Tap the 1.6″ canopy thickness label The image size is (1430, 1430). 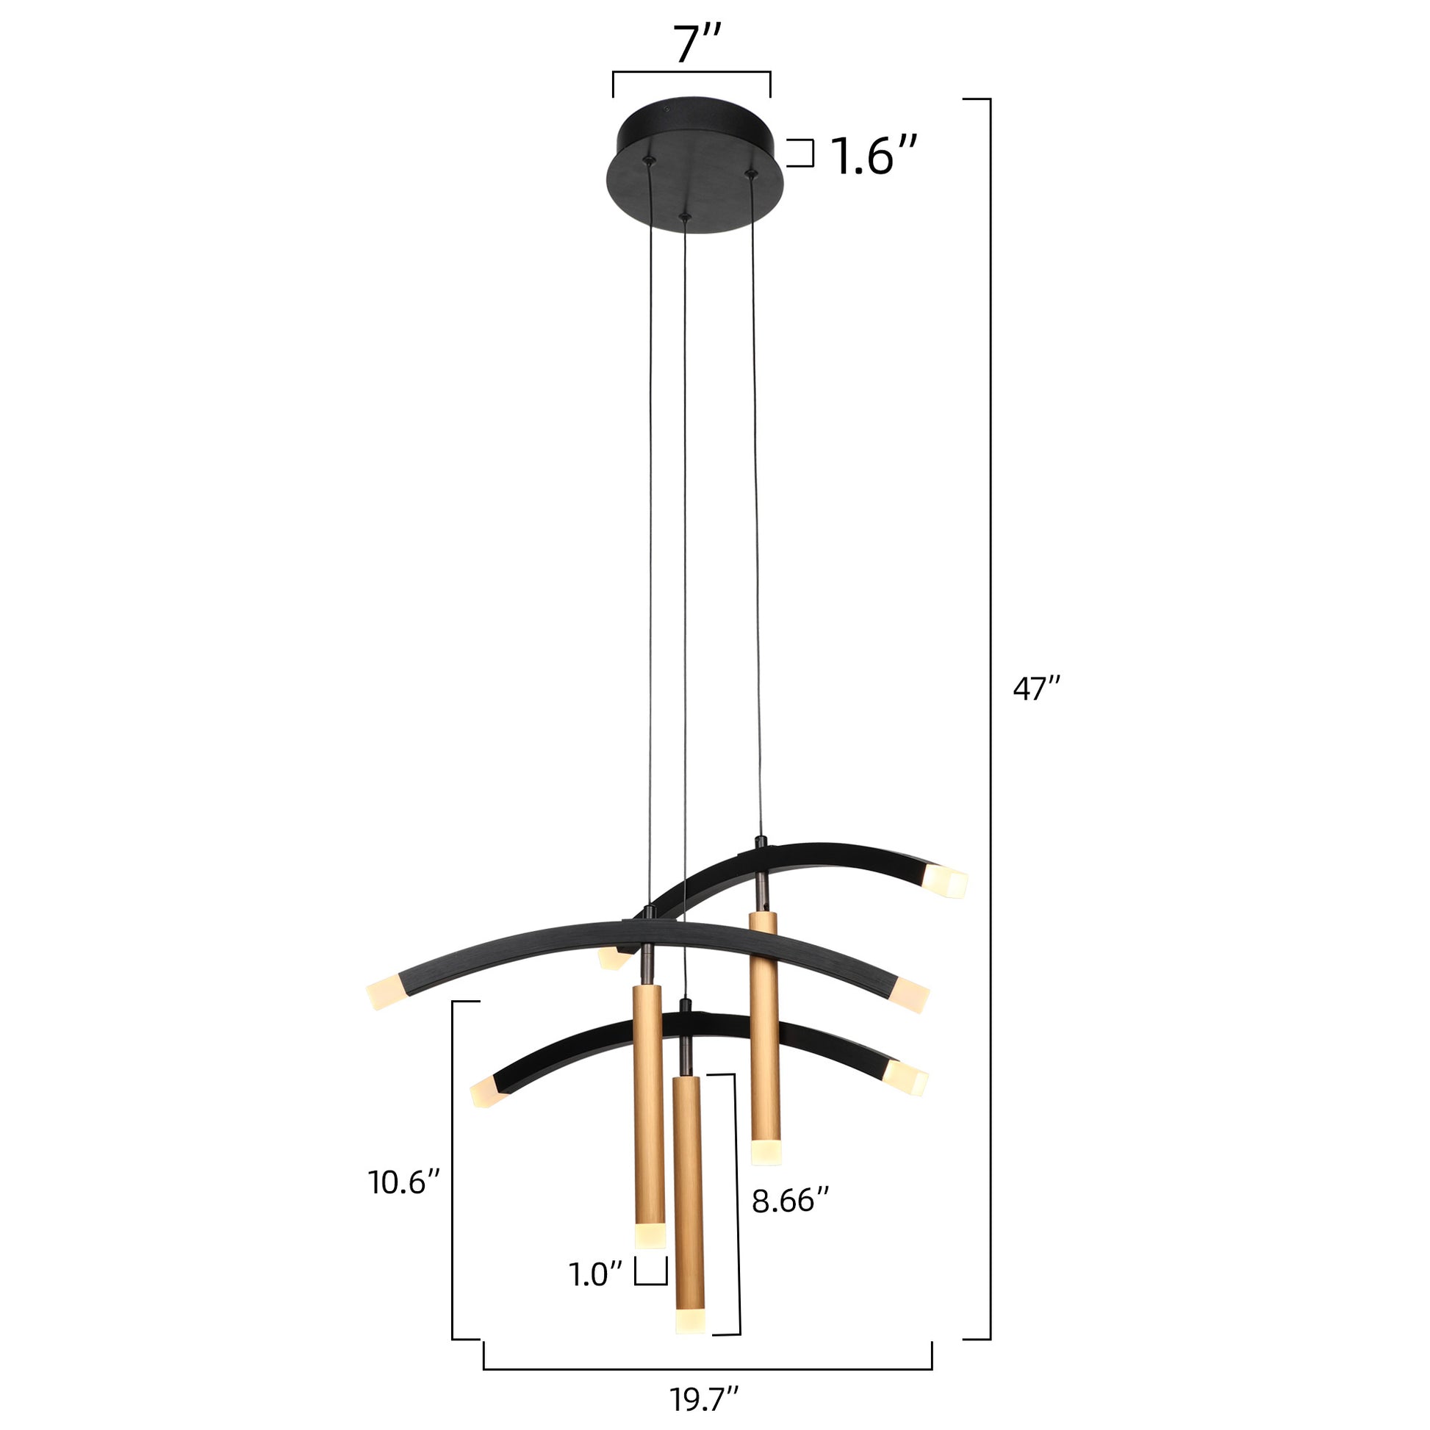tap(874, 157)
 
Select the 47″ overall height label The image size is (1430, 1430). tap(1037, 689)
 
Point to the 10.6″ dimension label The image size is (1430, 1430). tap(405, 1182)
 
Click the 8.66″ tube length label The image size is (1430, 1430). tap(790, 1201)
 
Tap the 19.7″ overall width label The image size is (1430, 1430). tap(705, 1400)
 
